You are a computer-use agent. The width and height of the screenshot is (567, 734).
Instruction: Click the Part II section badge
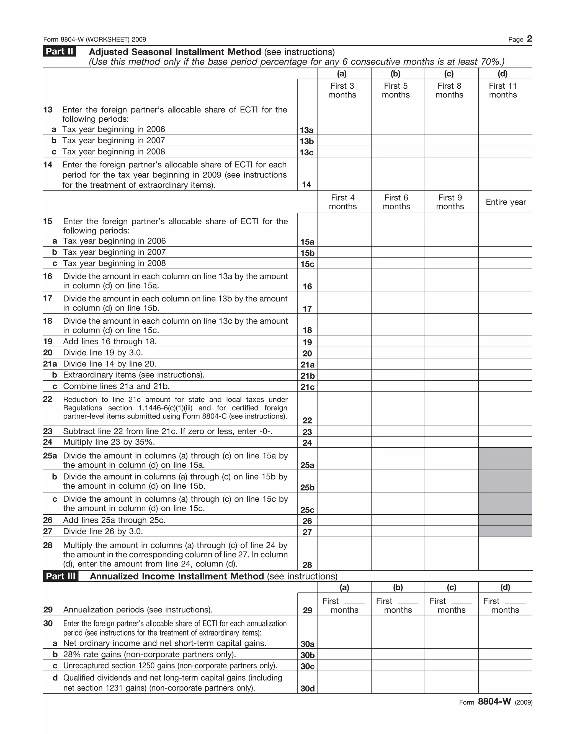(x=59, y=52)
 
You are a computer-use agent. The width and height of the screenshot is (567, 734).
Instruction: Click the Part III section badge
(x=60, y=576)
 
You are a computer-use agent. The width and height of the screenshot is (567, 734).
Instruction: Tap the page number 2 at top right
(x=529, y=39)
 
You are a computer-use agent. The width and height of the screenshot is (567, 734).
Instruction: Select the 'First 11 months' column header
(x=503, y=90)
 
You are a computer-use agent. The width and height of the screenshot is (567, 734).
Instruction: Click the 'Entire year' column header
(x=506, y=202)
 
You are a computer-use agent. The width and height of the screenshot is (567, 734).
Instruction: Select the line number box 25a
(x=307, y=465)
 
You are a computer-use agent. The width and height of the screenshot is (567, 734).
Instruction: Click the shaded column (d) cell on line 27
(x=505, y=531)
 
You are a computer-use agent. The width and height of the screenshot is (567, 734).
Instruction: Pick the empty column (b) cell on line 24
(x=398, y=442)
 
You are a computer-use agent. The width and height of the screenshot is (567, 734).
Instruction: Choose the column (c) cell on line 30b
(x=452, y=654)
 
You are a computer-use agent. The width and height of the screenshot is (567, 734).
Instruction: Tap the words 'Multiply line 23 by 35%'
(x=109, y=442)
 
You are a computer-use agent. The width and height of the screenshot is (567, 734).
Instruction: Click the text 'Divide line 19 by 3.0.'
(x=103, y=353)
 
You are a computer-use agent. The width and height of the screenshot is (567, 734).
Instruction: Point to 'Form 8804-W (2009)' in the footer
(x=496, y=702)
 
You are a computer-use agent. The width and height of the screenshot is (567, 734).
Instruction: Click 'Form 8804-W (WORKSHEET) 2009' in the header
(x=95, y=39)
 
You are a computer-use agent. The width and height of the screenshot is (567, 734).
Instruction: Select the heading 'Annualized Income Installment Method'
(x=177, y=576)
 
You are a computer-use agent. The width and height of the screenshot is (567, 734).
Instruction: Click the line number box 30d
(x=307, y=688)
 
